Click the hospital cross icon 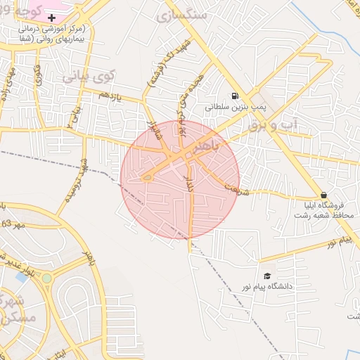(51, 16)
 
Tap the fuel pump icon (233, 96)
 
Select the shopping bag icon (323, 195)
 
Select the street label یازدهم (110, 97)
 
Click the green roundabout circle (46, 278)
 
